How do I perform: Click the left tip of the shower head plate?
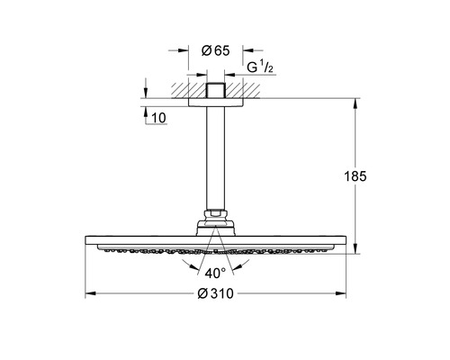coord(88,241)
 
